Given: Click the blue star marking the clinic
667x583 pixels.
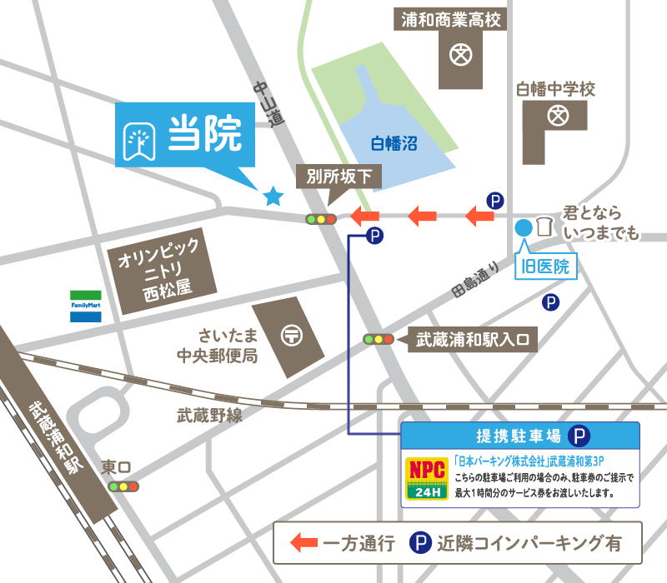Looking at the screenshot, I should pos(273,197).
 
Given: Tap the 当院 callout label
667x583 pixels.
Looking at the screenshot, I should pos(185,136).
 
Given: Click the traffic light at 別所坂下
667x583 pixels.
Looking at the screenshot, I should pos(320,219).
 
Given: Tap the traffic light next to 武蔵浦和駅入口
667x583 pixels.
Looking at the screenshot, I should pos(379,340).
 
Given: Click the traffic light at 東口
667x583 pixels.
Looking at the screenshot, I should pos(123,486).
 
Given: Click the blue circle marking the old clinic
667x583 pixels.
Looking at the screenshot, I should pos(524,226).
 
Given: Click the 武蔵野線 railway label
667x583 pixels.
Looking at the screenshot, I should pos(209,414).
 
